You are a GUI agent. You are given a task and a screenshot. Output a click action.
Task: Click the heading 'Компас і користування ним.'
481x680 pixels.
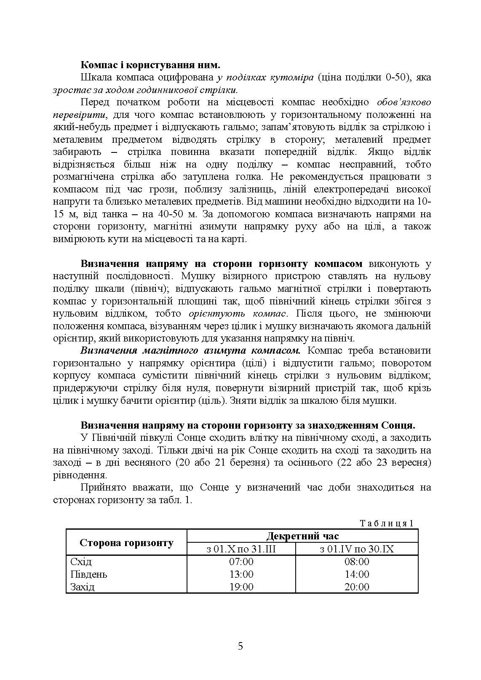click(150, 65)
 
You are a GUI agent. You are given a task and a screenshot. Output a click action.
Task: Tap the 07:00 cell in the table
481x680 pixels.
click(241, 562)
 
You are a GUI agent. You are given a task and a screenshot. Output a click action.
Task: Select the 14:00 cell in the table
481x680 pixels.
click(357, 574)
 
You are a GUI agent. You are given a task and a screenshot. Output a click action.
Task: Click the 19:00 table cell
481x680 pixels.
click(241, 587)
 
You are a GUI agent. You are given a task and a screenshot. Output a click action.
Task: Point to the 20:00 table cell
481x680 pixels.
click(357, 587)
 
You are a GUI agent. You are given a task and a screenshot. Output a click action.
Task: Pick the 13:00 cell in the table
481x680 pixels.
click(241, 574)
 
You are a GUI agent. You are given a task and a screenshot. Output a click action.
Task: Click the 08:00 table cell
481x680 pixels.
click(357, 562)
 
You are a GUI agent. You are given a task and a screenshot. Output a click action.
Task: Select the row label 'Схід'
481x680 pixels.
click(81, 562)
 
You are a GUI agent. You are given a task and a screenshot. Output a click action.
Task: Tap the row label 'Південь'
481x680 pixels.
click(89, 574)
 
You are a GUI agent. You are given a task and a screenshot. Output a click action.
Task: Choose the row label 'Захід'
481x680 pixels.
click(83, 587)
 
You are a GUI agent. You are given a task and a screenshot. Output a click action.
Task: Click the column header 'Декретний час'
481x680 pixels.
click(302, 536)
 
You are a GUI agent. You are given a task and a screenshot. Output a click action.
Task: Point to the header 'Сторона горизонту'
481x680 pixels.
click(126, 543)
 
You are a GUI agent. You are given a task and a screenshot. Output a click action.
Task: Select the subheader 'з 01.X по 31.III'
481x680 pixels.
click(241, 549)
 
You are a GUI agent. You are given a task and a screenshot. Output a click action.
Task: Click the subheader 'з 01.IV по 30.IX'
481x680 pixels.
click(357, 549)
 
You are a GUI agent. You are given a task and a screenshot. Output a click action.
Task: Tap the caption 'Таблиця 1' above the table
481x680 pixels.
click(387, 523)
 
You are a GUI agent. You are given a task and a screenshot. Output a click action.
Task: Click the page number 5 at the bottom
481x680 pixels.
click(240, 646)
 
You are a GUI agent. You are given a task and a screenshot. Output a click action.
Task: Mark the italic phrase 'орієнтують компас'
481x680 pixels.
click(238, 314)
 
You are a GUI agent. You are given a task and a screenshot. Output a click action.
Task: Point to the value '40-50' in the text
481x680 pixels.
click(191, 214)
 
